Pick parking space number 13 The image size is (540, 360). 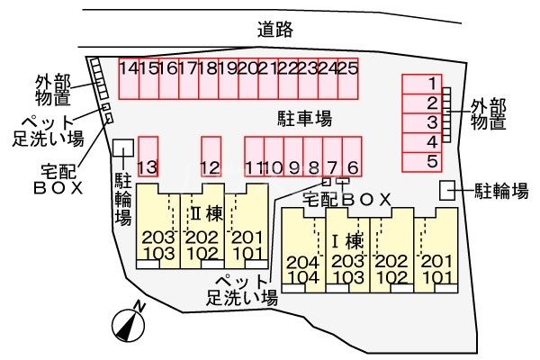pyautogui.click(x=148, y=157)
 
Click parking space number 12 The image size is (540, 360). pyautogui.click(x=211, y=157)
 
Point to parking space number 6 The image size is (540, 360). pyautogui.click(x=352, y=157)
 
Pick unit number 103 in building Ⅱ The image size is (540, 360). pyautogui.click(x=157, y=253)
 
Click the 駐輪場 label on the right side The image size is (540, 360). pyautogui.click(x=501, y=190)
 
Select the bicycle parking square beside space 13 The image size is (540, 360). pyautogui.click(x=122, y=147)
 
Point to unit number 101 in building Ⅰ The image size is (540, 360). pyautogui.click(x=436, y=277)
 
